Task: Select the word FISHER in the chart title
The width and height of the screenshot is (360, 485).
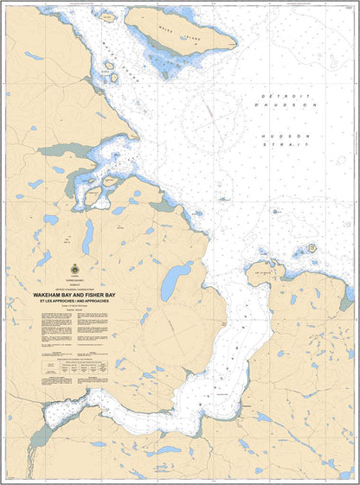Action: (98, 295)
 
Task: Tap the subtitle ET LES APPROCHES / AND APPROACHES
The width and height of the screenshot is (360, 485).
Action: (76, 302)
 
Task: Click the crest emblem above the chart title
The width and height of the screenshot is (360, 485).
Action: (76, 271)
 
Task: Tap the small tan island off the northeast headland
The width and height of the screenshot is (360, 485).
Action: (312, 248)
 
